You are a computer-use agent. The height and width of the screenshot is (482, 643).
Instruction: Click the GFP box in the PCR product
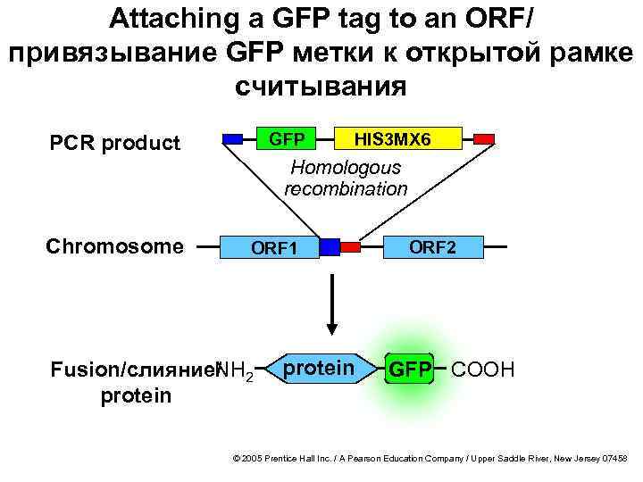[x=287, y=139]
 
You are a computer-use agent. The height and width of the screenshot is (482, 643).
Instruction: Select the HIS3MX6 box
[x=393, y=139]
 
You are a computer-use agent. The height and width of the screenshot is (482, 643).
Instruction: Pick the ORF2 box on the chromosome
[x=433, y=246]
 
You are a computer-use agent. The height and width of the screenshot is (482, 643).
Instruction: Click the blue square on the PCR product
[x=232, y=138]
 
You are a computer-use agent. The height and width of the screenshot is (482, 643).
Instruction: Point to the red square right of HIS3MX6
[x=483, y=138]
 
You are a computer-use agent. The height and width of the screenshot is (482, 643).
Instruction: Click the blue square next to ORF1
[x=330, y=246]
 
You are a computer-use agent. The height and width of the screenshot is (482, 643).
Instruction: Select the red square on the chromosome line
[x=350, y=245]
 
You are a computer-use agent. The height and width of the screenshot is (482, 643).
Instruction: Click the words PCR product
[x=114, y=143]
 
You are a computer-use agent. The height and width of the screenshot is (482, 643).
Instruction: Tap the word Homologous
[x=347, y=168]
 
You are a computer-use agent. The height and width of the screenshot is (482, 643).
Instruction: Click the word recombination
[x=346, y=188]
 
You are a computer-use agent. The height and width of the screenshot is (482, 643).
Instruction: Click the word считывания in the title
[x=321, y=87]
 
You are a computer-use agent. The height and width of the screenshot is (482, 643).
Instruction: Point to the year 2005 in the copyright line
[x=252, y=457]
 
